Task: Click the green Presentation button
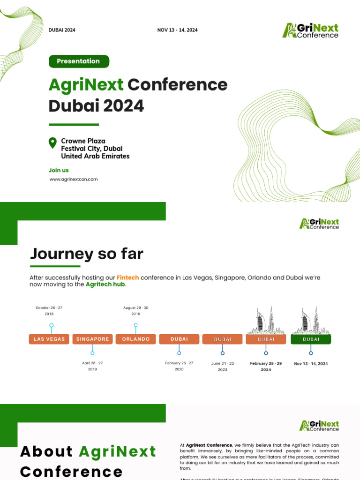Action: [x=78, y=61]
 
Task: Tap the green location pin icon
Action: [x=53, y=142]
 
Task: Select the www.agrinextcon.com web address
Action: [x=74, y=179]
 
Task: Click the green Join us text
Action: [x=59, y=170]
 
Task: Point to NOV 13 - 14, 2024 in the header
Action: [x=177, y=30]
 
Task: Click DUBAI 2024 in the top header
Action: [x=62, y=30]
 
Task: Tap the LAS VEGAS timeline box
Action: [x=49, y=339]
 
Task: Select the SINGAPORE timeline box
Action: [x=92, y=339]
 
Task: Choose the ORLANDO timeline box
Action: [x=136, y=339]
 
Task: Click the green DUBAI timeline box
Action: [x=311, y=339]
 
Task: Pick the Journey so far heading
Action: [x=87, y=254]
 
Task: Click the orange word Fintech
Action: [x=127, y=277]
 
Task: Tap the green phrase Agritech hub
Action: [x=106, y=284]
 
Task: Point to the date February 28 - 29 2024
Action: [x=266, y=366]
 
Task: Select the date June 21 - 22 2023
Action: [x=223, y=366]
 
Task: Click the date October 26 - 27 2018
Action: [x=49, y=310]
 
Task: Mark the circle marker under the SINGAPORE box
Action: [x=92, y=353]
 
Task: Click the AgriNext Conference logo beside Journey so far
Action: [x=319, y=224]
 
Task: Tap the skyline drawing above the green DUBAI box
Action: [x=311, y=320]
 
